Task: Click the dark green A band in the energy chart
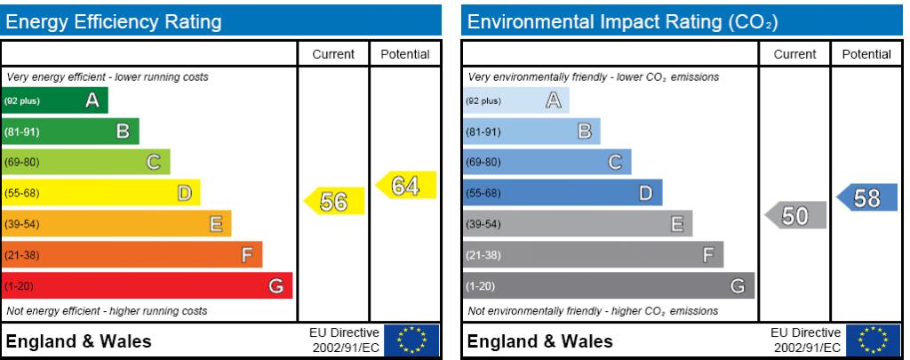[x=54, y=100]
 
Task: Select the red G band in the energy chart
[x=147, y=285]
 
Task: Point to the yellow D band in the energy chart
[x=100, y=193]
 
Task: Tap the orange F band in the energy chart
[x=132, y=255]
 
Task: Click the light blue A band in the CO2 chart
[x=515, y=100]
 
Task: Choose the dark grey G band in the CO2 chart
[x=608, y=285]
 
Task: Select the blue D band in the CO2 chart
[x=562, y=193]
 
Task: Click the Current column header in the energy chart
[x=334, y=54]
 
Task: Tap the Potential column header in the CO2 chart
[x=866, y=54]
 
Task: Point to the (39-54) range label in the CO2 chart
[x=484, y=224]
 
